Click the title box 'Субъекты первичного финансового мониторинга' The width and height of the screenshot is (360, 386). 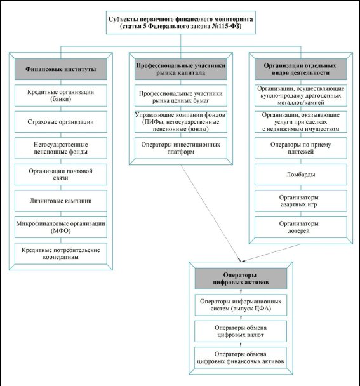[x=181, y=22]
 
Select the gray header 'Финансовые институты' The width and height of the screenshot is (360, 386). [x=61, y=69]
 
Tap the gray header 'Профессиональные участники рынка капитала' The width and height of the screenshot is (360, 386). [x=181, y=69]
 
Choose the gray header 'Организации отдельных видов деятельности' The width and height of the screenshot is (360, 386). [x=301, y=69]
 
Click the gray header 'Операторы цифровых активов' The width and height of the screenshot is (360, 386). [x=241, y=279]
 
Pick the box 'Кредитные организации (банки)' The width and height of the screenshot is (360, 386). [x=61, y=95]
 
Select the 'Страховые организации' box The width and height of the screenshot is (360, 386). [x=61, y=122]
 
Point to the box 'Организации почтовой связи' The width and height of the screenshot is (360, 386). [x=61, y=175]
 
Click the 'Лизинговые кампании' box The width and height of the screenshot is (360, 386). [x=61, y=201]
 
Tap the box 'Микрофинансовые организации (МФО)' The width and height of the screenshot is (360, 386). [x=61, y=227]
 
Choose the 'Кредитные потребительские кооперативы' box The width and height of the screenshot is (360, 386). [x=61, y=253]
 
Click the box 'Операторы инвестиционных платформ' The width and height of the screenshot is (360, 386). [x=181, y=148]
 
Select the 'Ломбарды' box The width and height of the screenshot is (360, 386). [x=301, y=175]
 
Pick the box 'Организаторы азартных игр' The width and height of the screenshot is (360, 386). [x=301, y=201]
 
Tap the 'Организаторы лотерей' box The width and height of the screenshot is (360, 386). [x=301, y=227]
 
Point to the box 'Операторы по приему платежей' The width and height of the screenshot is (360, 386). [x=301, y=148]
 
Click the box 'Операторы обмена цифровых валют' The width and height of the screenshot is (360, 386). [x=241, y=331]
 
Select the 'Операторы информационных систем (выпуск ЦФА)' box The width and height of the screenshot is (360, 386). [x=241, y=305]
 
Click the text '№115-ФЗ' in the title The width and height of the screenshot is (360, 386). [x=227, y=26]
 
